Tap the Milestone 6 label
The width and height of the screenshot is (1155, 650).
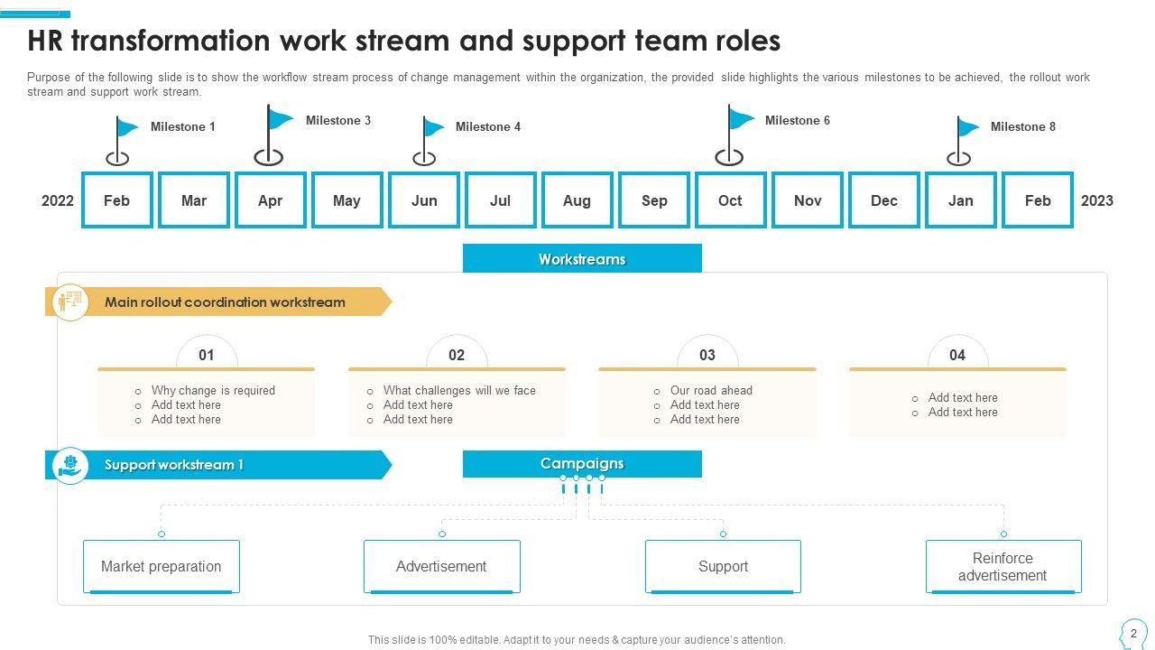[797, 120]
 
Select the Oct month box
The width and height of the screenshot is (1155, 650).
[730, 200]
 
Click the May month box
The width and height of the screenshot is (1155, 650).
[346, 200]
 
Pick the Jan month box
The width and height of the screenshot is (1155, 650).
[960, 200]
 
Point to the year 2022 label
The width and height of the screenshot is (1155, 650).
[58, 200]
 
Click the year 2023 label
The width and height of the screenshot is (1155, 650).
[1096, 200]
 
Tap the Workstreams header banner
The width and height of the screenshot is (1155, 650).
[582, 259]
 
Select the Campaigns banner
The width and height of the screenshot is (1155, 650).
[582, 464]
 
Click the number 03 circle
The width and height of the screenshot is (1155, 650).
[707, 355]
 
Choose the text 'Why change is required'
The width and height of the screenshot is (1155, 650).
[213, 391]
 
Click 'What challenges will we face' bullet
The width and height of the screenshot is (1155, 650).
[459, 391]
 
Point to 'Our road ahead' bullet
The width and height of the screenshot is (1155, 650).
[711, 391]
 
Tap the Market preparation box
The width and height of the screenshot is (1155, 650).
[161, 566]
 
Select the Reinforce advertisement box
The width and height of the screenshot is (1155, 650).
[1003, 566]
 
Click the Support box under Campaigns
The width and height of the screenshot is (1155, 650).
[723, 566]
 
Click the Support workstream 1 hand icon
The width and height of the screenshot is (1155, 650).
[70, 465]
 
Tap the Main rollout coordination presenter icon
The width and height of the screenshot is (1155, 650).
[70, 302]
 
